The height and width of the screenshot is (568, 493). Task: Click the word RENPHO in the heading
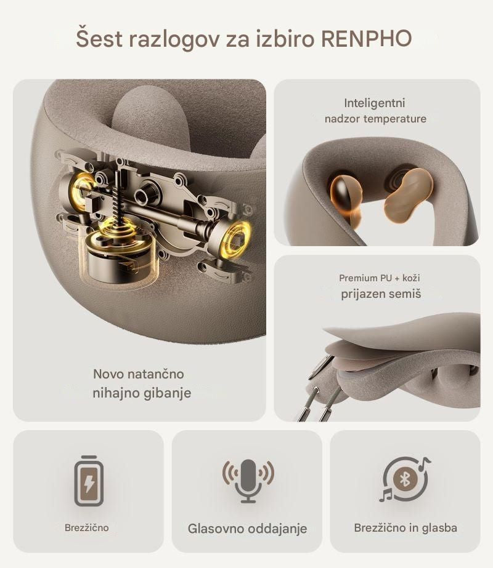[x=367, y=38]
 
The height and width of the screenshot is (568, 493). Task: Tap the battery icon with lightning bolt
[x=89, y=481]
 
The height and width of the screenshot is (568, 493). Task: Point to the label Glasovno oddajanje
[x=247, y=529]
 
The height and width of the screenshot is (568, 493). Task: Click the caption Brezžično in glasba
[x=405, y=527]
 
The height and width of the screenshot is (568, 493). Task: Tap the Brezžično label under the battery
[x=86, y=527]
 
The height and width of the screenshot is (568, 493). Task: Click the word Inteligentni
[x=375, y=103]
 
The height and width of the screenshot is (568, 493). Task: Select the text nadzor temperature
[x=375, y=119]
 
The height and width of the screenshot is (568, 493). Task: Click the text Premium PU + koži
[x=380, y=278]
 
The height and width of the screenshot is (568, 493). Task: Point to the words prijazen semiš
[x=381, y=294]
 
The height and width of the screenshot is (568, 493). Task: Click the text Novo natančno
[x=139, y=374]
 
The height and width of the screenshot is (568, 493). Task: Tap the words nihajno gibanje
[x=142, y=393]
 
